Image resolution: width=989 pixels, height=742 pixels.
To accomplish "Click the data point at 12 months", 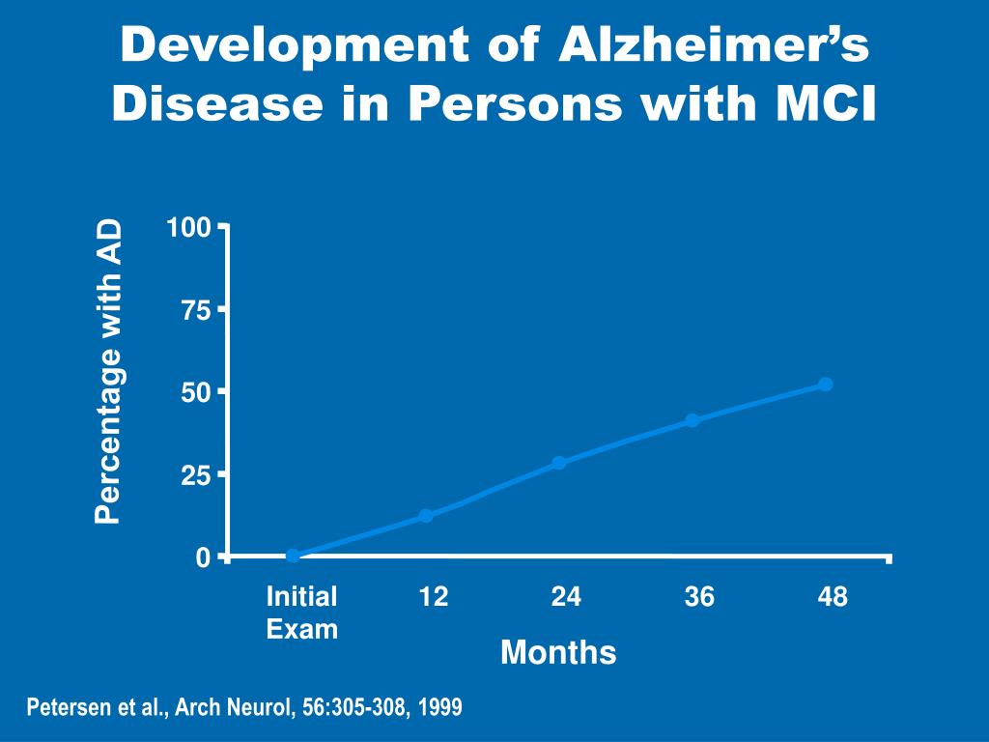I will (x=426, y=516).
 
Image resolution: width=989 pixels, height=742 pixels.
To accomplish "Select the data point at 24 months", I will (x=559, y=463).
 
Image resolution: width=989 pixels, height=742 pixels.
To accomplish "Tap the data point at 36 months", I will (x=692, y=420).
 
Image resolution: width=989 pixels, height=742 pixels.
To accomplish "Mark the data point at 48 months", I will (x=825, y=385).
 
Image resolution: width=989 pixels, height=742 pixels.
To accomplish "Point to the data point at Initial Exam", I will (x=293, y=556).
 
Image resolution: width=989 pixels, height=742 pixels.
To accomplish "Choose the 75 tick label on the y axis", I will (x=195, y=310).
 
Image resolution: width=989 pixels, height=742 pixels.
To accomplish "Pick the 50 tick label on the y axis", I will (x=195, y=392).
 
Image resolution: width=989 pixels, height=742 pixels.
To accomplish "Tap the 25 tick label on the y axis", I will (x=195, y=475).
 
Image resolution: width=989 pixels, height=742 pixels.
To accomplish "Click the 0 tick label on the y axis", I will (x=203, y=557).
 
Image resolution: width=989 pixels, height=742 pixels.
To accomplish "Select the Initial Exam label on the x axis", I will (x=302, y=613).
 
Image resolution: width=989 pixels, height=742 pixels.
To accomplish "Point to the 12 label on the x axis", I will (x=434, y=597).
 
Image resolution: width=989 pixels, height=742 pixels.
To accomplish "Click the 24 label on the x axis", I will (x=566, y=597).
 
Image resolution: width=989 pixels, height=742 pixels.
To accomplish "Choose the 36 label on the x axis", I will (x=699, y=597).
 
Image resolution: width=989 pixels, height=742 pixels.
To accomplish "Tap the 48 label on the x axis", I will (x=833, y=597).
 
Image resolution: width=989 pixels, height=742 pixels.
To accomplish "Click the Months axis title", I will (x=558, y=653).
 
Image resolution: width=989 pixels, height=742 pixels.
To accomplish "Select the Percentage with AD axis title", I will (x=110, y=372).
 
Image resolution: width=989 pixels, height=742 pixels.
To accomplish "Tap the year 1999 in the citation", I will (x=440, y=707).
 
